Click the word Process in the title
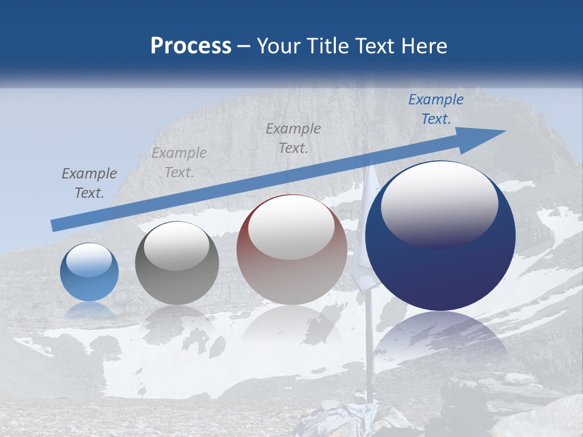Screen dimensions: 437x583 point(191,46)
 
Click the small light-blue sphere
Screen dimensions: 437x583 point(89,272)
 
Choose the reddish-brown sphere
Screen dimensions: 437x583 point(291,249)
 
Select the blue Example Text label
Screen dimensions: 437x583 point(435,109)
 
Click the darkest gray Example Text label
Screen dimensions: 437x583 point(89,183)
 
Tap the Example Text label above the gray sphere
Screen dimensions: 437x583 point(179,163)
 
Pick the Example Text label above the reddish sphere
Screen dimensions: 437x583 point(293,138)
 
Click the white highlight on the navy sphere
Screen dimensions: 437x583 point(439,203)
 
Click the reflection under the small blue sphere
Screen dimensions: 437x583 point(89,311)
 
